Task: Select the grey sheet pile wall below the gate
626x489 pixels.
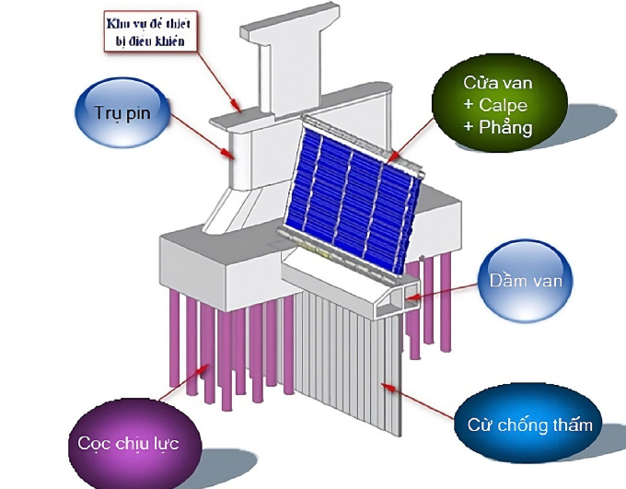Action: tap(350, 368)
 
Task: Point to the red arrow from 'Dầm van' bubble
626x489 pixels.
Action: tap(442, 292)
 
